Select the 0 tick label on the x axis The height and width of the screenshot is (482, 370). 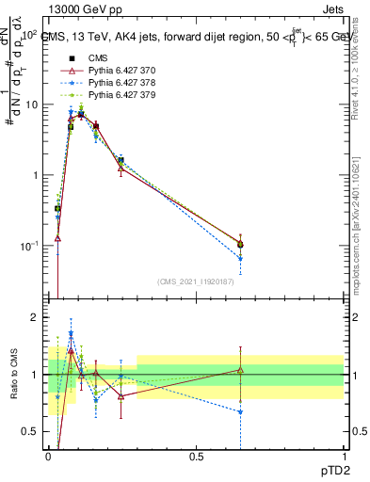coord(48,455)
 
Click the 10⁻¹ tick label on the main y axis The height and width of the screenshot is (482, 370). coord(27,246)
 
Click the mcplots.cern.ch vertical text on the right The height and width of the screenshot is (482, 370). coord(361,217)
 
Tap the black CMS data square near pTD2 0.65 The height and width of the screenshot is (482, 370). coord(240,244)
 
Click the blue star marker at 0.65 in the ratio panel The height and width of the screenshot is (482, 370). coord(240,411)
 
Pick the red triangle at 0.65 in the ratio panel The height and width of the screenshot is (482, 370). coord(240,370)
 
